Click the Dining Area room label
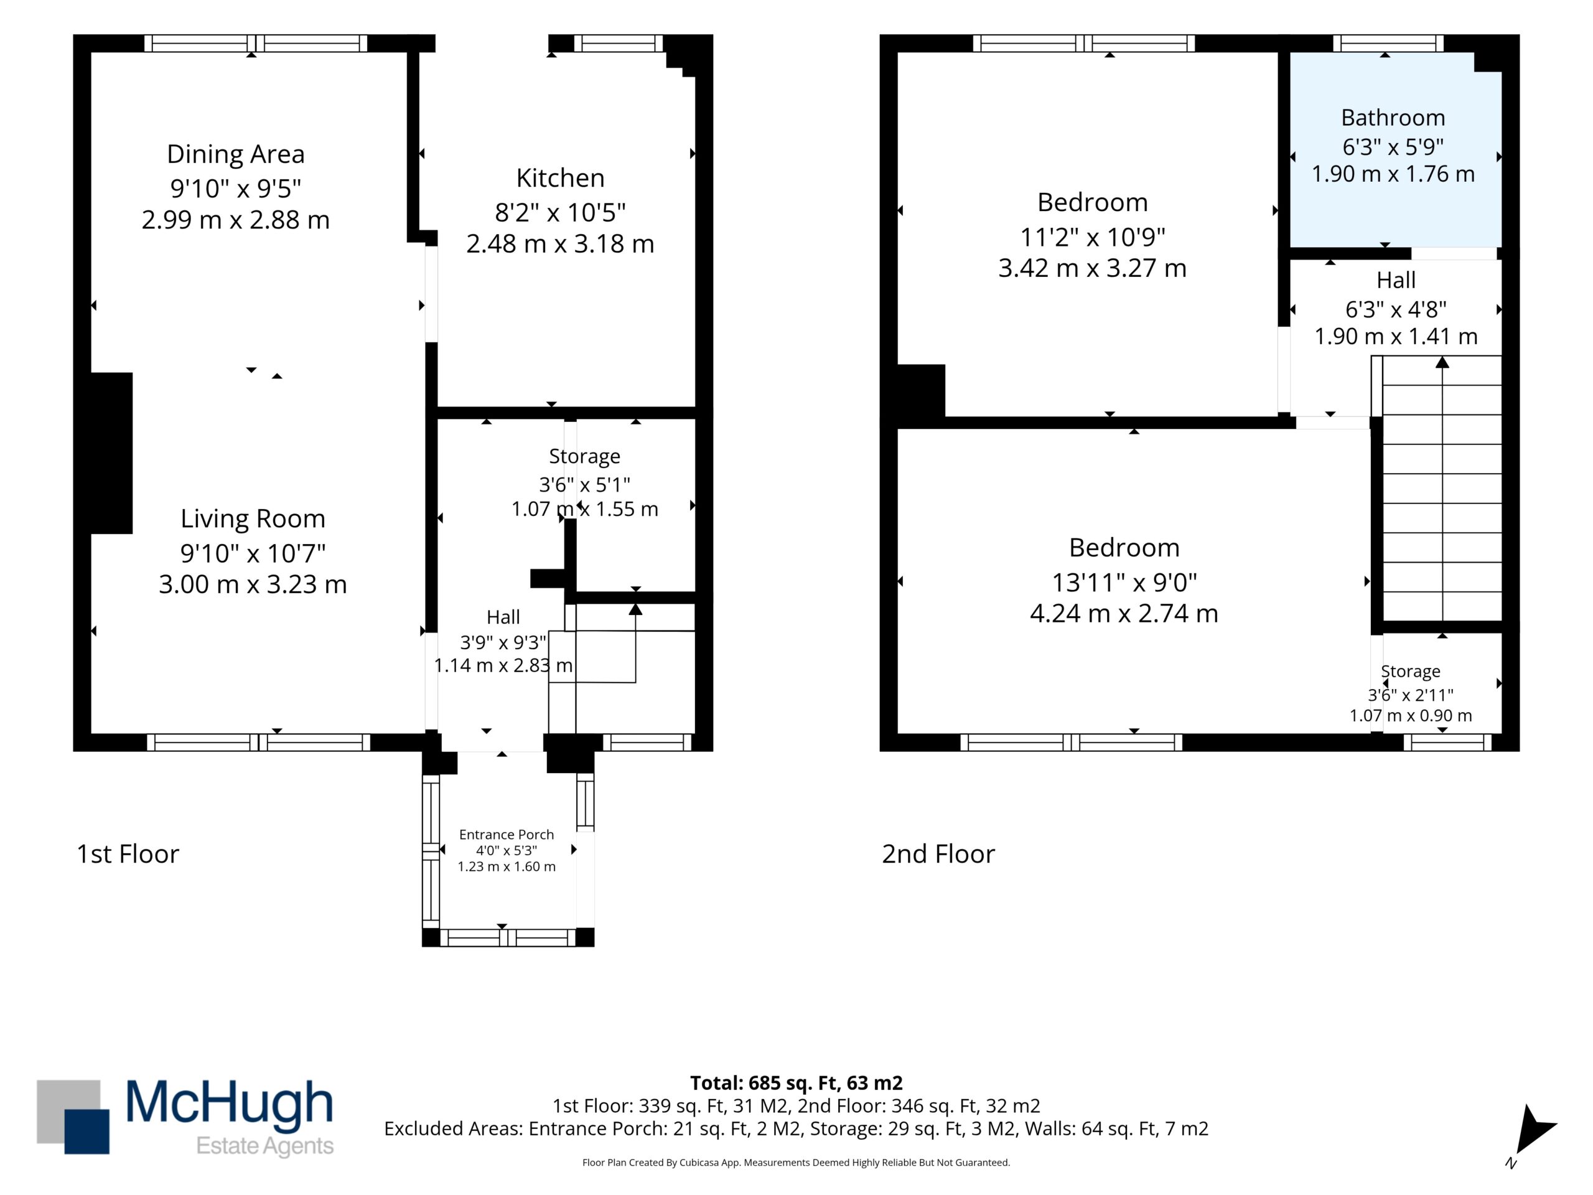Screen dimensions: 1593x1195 (235, 154)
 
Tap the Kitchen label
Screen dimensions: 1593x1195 (560, 178)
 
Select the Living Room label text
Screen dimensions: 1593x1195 (253, 518)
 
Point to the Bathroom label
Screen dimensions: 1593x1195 (1393, 118)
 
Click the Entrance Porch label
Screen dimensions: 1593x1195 (507, 834)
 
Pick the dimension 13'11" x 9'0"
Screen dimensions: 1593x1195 (1124, 582)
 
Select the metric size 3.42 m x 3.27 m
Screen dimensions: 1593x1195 (1093, 268)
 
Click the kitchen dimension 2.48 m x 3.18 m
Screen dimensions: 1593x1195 (560, 243)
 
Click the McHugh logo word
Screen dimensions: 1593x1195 (229, 1103)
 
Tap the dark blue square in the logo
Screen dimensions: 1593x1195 (87, 1131)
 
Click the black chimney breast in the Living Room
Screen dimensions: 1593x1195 (111, 453)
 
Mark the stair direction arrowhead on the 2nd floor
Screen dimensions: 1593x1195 (1442, 362)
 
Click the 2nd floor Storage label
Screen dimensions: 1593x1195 (1410, 672)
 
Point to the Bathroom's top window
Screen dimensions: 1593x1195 (1388, 43)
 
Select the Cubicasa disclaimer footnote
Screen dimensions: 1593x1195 (796, 1162)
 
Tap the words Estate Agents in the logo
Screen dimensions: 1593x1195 (265, 1146)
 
